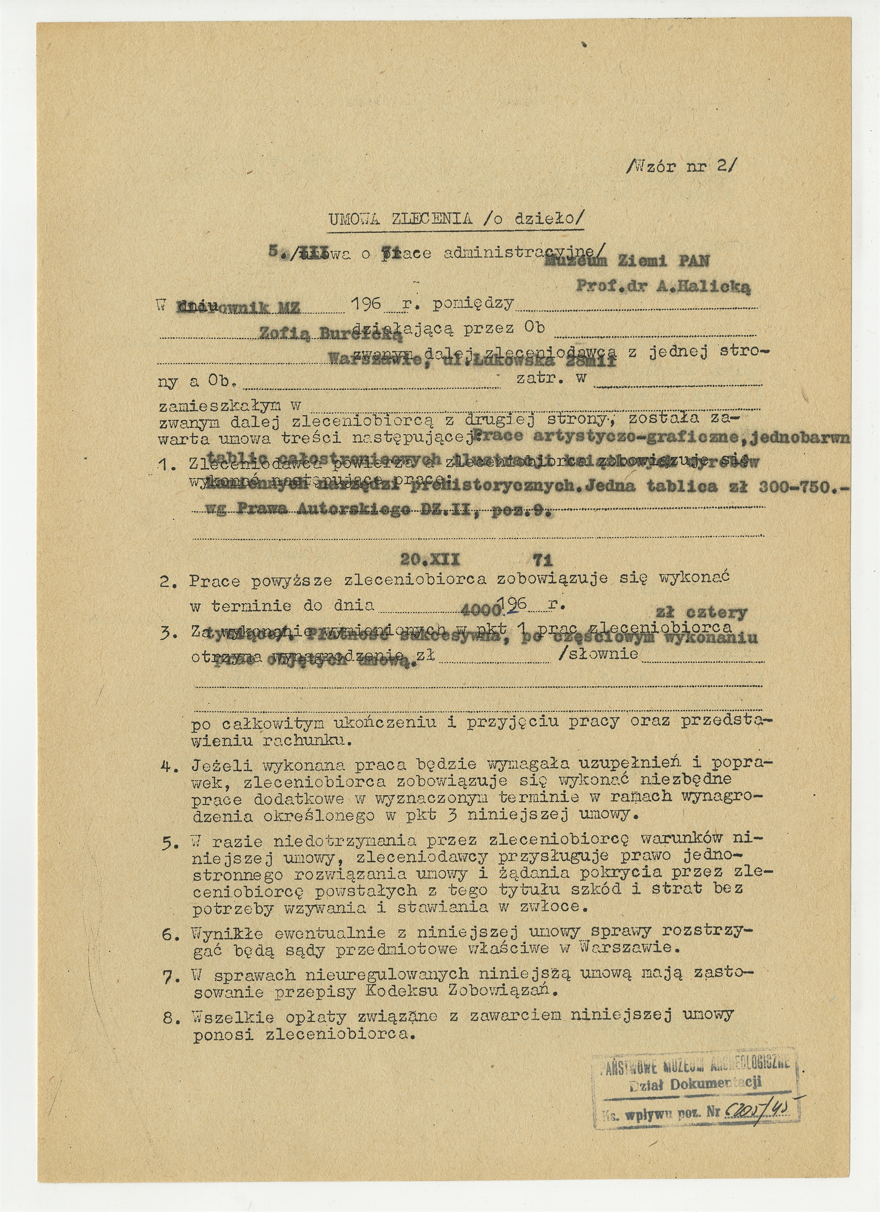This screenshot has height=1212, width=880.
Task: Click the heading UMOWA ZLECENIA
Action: click(400, 219)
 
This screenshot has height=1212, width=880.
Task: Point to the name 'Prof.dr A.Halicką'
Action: click(663, 287)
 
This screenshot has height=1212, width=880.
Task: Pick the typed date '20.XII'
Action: click(430, 559)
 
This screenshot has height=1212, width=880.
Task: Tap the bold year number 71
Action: click(543, 559)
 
